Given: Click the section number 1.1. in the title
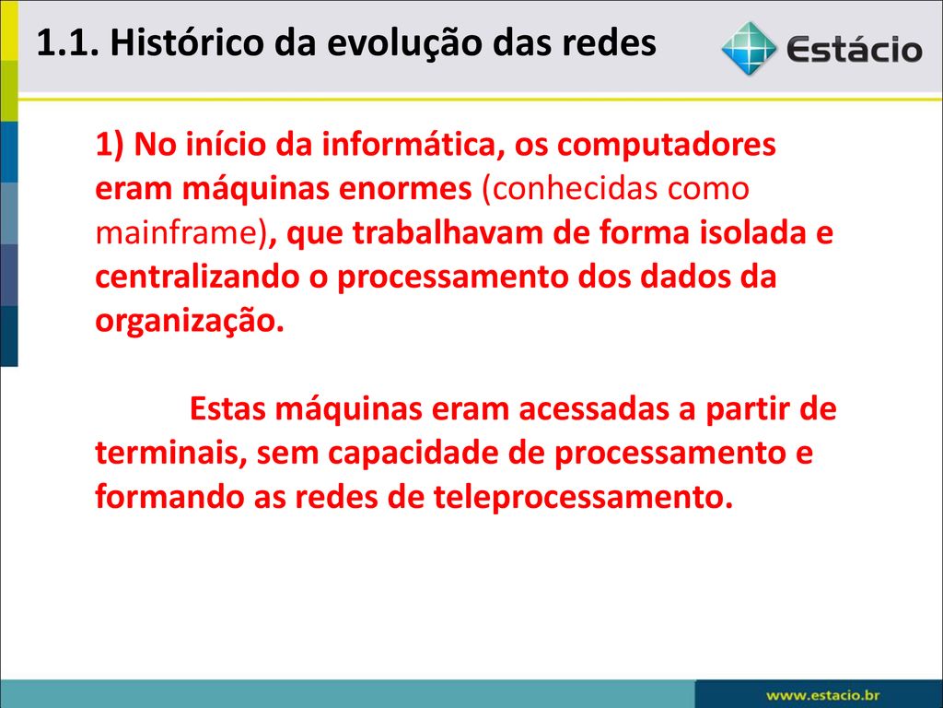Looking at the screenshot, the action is [x=67, y=42].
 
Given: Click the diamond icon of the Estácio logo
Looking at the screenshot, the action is [x=749, y=48].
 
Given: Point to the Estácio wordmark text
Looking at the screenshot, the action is [x=854, y=50].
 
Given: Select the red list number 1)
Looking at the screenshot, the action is [x=110, y=145].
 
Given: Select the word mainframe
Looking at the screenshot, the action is [x=176, y=233].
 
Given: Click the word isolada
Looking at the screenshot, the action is [x=752, y=233].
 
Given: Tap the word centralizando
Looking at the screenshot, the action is [x=197, y=277].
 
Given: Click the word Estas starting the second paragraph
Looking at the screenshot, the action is [x=227, y=408].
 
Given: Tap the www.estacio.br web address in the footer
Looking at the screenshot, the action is [x=822, y=695].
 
